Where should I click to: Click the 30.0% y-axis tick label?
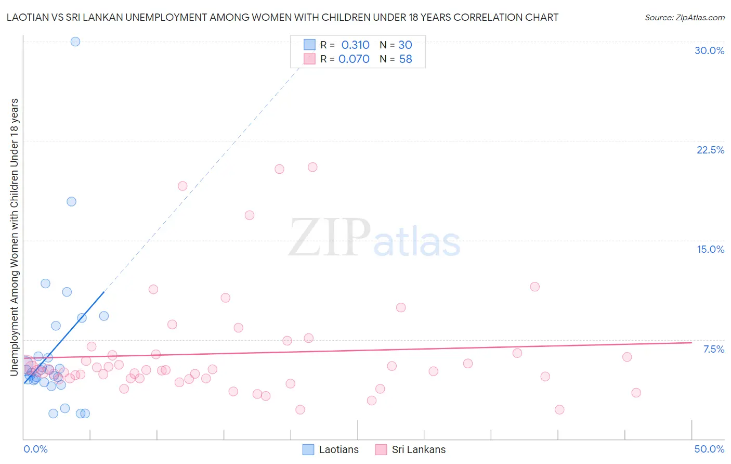(709, 50)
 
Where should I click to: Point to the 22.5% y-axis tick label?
(710, 150)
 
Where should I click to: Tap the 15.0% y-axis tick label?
(710, 249)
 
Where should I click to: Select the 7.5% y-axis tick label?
(713, 349)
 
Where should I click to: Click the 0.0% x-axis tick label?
(35, 449)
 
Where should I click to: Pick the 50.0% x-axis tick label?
(709, 449)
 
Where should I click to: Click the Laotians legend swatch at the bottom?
(308, 449)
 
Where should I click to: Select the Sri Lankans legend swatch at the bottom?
(381, 449)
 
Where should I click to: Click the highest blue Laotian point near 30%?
(75, 42)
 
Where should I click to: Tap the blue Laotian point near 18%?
(72, 201)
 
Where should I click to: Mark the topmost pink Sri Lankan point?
(312, 167)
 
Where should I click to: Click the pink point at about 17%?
(250, 215)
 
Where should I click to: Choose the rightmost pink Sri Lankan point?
(636, 393)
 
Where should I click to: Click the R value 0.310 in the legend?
(355, 45)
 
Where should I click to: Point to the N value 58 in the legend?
(406, 59)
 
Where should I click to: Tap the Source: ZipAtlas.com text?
(684, 18)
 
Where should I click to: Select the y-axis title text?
(14, 237)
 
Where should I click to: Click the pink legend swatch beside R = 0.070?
(309, 59)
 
